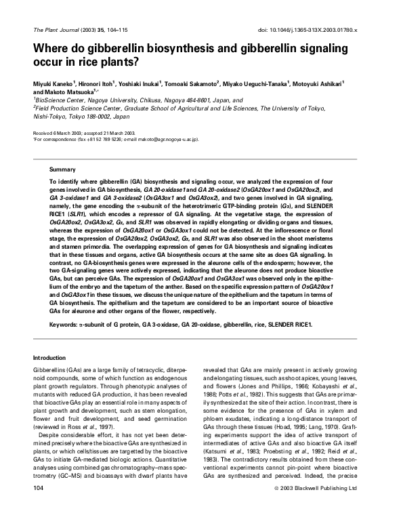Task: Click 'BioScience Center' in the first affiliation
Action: (x=56, y=99)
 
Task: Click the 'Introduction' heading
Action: (x=51, y=357)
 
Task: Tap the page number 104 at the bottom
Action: (x=39, y=506)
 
